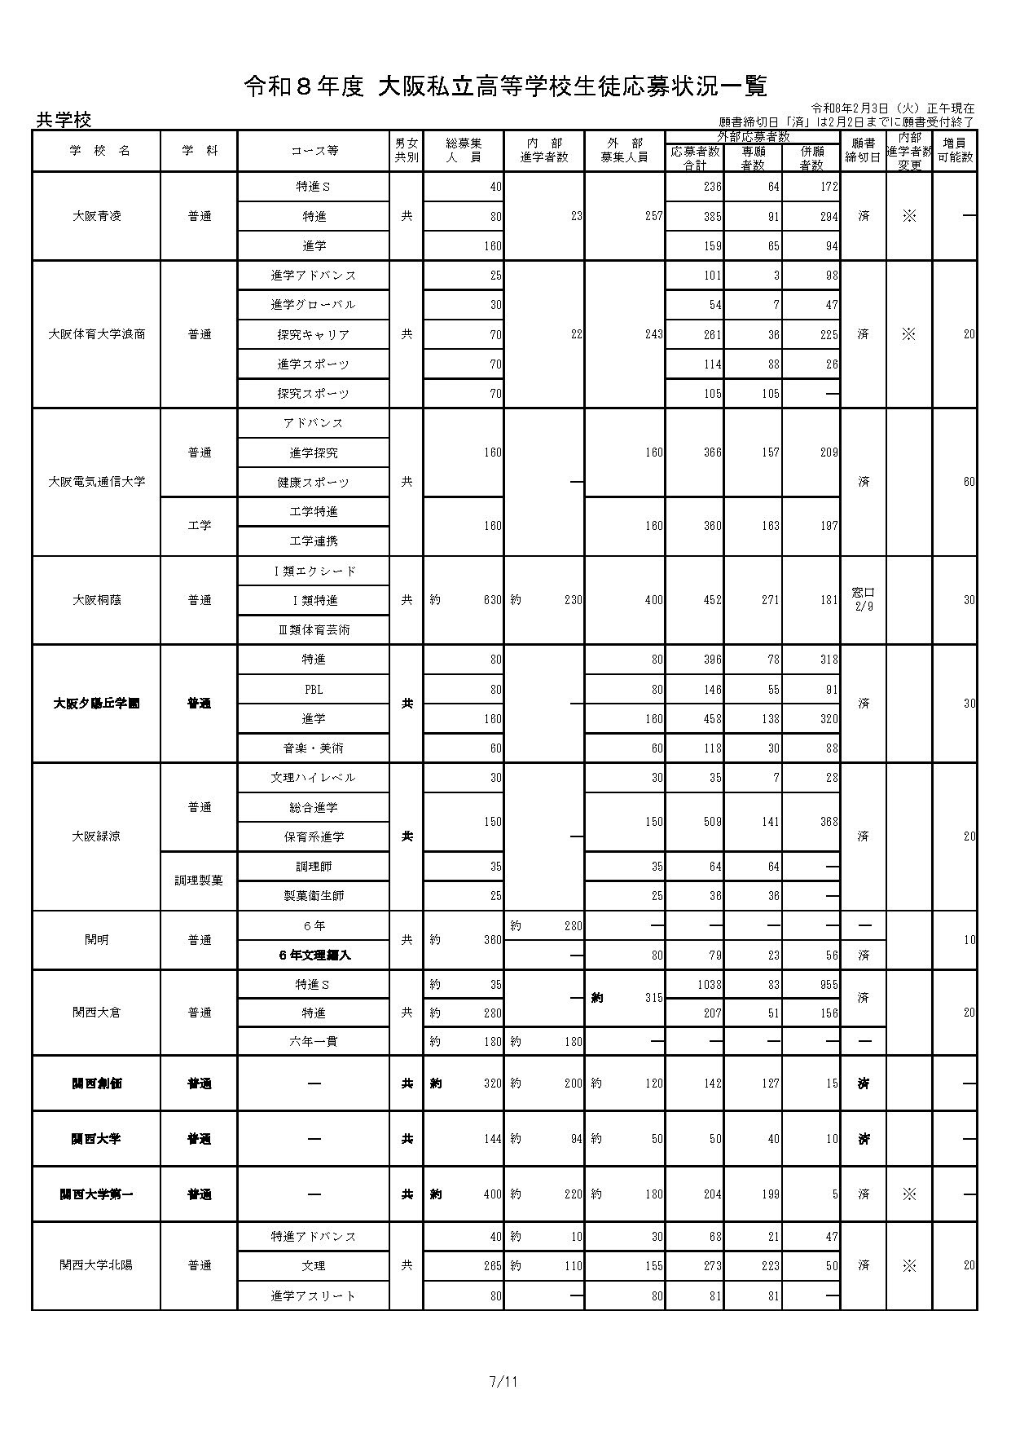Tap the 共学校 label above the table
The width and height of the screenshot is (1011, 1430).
click(64, 120)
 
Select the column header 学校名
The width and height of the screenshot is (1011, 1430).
click(96, 151)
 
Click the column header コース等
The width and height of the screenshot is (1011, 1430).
click(314, 151)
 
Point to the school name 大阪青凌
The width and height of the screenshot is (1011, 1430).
click(96, 216)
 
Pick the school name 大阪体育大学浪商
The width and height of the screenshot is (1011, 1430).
click(96, 334)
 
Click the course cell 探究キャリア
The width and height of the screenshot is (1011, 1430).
click(314, 334)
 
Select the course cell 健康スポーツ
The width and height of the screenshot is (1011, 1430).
click(314, 482)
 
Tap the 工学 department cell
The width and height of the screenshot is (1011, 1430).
click(199, 526)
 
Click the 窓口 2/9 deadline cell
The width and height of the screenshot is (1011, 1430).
click(863, 599)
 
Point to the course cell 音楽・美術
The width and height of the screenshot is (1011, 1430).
click(314, 748)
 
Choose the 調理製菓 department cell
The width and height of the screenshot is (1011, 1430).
click(199, 881)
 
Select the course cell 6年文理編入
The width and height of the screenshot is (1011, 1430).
click(314, 955)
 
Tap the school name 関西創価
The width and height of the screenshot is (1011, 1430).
click(96, 1084)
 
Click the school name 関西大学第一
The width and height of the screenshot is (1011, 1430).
click(96, 1194)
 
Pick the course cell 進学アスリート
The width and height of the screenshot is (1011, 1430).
click(314, 1295)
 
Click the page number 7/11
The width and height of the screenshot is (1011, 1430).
click(504, 1382)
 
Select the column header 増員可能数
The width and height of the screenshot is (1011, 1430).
click(955, 151)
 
